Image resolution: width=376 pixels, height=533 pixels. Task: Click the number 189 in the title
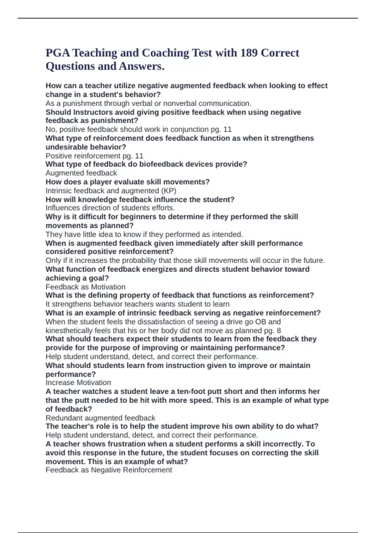coord(249,53)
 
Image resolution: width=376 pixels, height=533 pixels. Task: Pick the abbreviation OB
coord(260,322)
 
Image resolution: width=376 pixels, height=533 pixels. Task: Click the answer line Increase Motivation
coord(78,383)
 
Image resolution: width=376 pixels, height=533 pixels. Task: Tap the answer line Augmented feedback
coord(81,173)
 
